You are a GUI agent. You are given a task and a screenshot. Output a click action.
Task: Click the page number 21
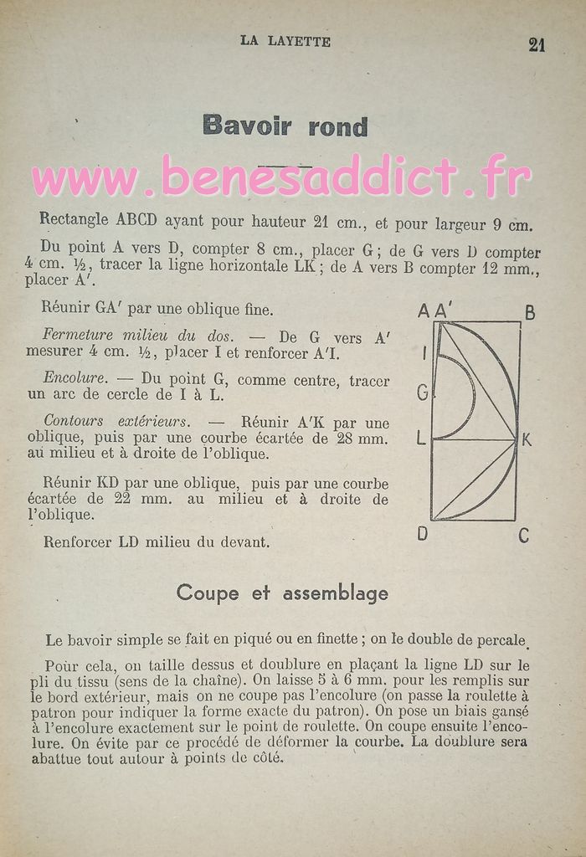click(x=537, y=44)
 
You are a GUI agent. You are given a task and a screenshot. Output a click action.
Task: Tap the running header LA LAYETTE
click(x=285, y=41)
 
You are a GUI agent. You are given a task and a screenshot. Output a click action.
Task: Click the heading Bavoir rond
click(x=285, y=126)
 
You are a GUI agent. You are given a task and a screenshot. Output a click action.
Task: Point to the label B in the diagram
click(x=529, y=313)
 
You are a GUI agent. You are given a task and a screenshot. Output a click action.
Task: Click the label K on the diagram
click(x=527, y=439)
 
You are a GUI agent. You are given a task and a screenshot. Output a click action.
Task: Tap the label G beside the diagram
click(x=422, y=392)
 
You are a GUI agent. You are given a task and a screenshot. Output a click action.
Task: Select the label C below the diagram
click(x=524, y=535)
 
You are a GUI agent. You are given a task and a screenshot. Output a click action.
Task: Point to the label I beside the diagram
click(x=424, y=354)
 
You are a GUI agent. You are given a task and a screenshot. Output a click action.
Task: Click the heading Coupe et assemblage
click(x=282, y=593)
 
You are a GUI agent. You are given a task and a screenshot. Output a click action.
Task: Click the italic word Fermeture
click(x=79, y=335)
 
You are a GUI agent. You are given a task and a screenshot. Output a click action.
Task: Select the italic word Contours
click(x=75, y=421)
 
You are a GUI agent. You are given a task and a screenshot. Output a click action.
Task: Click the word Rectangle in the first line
click(x=74, y=220)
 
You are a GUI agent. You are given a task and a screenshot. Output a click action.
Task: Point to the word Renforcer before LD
click(x=78, y=541)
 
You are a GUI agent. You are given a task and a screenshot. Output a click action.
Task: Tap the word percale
click(x=500, y=640)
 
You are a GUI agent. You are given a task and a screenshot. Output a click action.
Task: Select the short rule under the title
click(x=285, y=166)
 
